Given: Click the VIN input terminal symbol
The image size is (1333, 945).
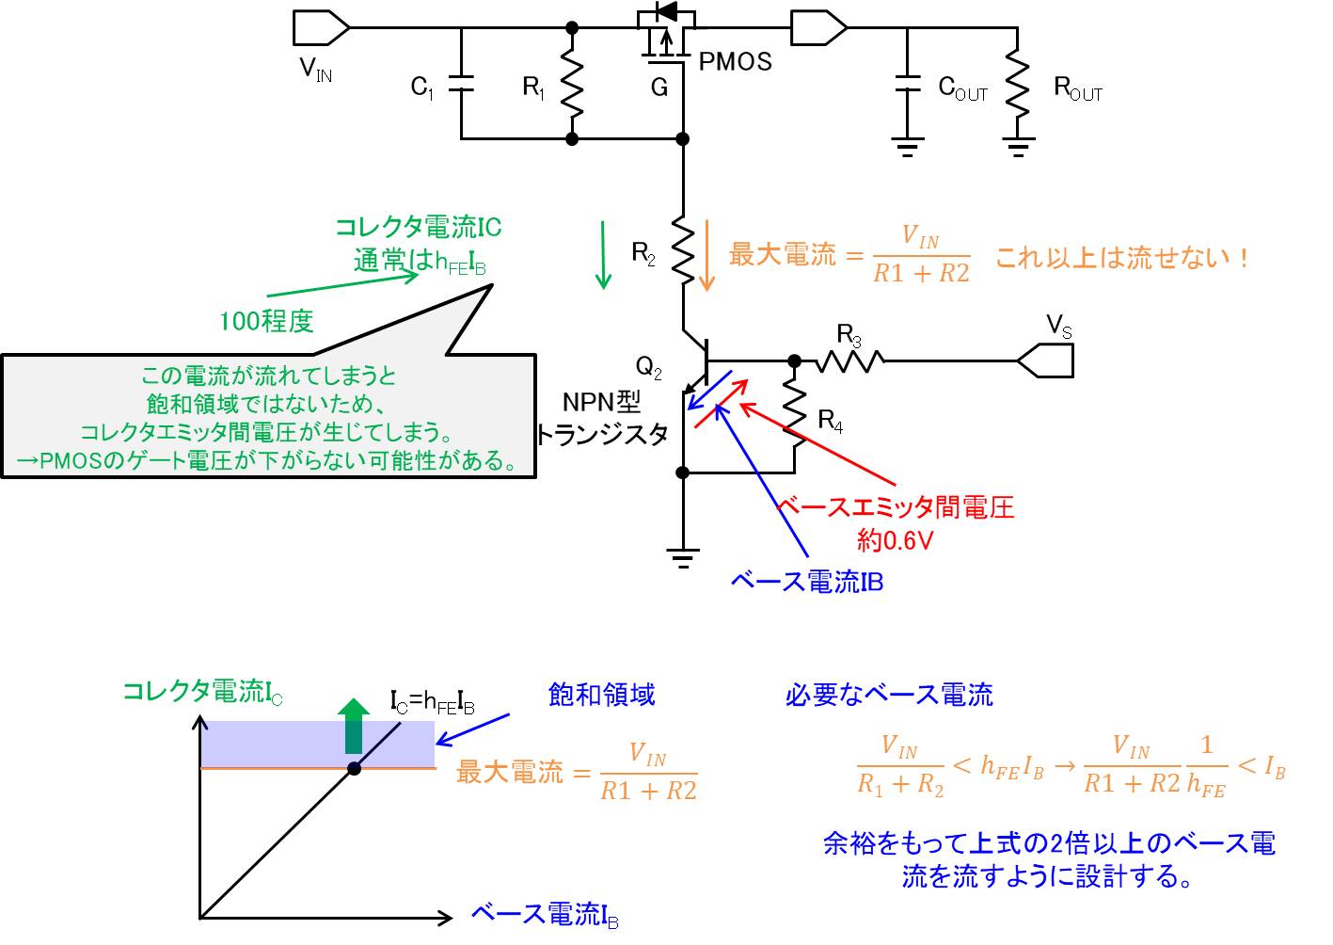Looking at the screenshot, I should pos(321,28).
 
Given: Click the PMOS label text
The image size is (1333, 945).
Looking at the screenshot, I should pos(735,62).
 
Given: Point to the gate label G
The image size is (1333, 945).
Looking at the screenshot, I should pos(659,88).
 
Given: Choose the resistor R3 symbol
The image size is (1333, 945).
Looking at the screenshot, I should pos(849,360).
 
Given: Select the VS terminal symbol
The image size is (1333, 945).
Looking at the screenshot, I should pos(1045,360).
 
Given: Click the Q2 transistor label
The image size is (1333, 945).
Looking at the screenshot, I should pos(648,366).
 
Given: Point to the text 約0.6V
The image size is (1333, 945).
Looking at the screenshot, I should pos(894,540).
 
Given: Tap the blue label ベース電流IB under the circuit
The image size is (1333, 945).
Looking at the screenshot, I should pos(806,582).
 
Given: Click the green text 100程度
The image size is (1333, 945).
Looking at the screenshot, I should pos(265,321).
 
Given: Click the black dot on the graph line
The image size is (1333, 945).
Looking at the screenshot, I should pos(354,768).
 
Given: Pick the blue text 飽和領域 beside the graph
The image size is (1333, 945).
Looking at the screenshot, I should pos(601,695).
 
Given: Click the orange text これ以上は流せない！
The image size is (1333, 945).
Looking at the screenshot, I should pos(1121,257).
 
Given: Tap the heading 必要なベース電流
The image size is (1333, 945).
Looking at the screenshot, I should pos(888,695).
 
